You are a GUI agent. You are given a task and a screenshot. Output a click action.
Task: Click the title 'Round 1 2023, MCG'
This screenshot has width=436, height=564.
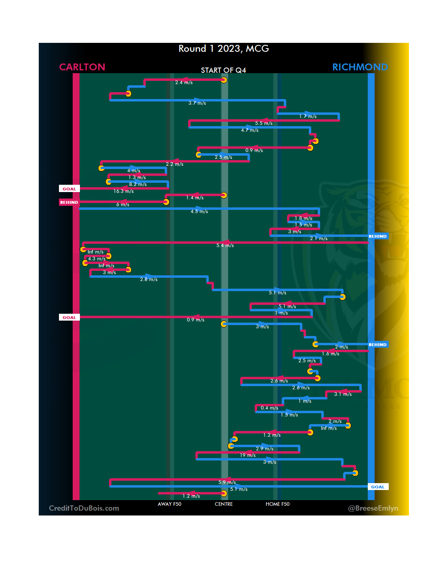(x=224, y=49)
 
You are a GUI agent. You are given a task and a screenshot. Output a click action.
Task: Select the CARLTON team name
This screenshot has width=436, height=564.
(x=82, y=67)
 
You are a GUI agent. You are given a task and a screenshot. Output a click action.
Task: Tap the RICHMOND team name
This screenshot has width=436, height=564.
(x=360, y=67)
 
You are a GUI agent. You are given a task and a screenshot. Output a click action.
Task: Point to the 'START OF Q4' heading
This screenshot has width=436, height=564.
(x=223, y=70)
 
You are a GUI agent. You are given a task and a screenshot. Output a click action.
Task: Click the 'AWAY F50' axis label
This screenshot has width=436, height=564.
(x=169, y=504)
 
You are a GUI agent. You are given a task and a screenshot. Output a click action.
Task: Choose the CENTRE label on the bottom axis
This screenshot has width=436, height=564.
(x=224, y=504)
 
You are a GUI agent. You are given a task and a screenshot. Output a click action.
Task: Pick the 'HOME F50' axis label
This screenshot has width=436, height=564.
(x=277, y=504)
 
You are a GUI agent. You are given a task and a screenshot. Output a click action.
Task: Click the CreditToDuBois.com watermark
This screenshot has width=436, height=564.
(x=84, y=508)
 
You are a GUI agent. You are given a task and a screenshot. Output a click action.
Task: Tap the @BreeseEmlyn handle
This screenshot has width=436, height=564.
(x=373, y=508)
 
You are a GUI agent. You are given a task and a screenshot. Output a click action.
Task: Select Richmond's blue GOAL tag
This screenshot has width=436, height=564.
(x=378, y=487)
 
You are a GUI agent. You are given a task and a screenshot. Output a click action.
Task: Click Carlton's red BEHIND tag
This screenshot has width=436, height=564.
(x=69, y=202)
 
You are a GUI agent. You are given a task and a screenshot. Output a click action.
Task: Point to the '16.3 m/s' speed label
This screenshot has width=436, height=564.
(x=124, y=191)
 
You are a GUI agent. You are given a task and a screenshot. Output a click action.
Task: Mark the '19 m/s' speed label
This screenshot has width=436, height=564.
(x=247, y=455)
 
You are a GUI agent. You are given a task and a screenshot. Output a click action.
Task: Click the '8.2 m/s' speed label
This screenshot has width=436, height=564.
(x=138, y=184)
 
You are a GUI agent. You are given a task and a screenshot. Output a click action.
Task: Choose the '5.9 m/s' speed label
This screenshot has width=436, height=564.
(x=227, y=482)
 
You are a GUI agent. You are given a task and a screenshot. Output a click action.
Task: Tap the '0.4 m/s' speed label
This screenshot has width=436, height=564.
(x=269, y=408)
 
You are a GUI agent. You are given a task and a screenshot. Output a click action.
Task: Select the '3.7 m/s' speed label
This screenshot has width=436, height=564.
(x=197, y=103)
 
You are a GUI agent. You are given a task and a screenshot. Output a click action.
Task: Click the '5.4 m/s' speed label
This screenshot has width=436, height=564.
(x=225, y=245)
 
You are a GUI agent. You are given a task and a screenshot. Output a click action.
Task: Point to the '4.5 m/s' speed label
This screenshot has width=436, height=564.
(x=199, y=211)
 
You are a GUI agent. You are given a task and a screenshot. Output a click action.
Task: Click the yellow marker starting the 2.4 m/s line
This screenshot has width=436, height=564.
(x=224, y=80)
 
